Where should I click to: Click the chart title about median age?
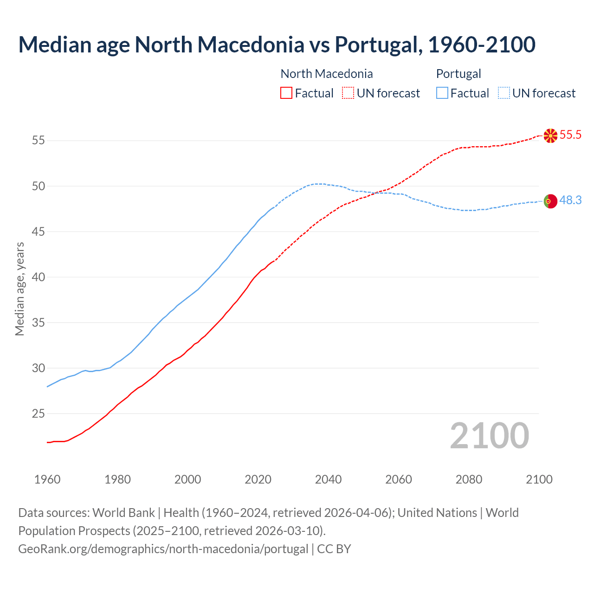point(277,45)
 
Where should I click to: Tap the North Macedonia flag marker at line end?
point(550,136)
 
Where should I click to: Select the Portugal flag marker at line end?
point(550,201)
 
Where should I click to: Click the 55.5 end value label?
point(570,135)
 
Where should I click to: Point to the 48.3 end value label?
point(570,200)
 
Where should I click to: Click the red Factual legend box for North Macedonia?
point(286,93)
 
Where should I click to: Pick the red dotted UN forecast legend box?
point(348,93)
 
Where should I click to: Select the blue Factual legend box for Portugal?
point(442,93)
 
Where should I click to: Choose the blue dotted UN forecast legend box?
point(504,93)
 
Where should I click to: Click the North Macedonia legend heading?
point(327,74)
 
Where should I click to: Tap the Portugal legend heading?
point(458,74)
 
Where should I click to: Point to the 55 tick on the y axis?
point(39,141)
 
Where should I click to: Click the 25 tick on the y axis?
point(39,413)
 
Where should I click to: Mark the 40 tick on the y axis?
point(39,277)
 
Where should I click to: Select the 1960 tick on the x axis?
point(47,479)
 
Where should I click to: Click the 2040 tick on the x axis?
point(328,479)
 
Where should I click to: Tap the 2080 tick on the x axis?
point(469,479)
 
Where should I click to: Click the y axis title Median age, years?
point(19,289)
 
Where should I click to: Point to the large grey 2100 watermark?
point(489,436)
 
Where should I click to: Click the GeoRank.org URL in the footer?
point(163,549)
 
